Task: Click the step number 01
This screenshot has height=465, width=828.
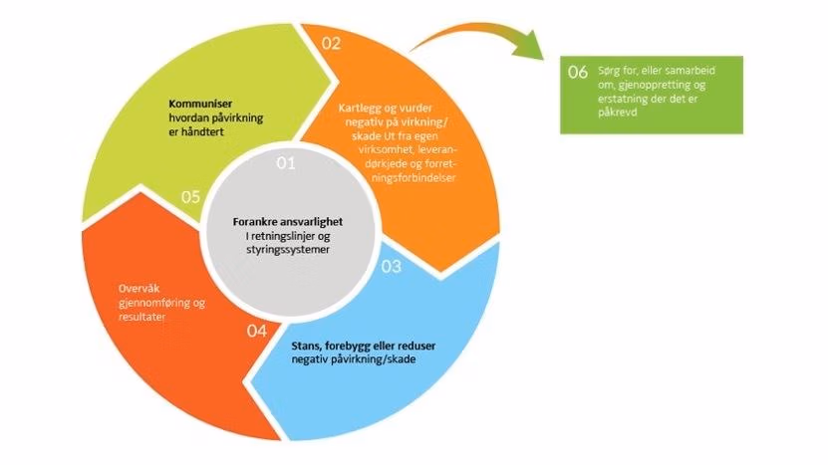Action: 287,163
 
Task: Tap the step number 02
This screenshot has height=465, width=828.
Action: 331,43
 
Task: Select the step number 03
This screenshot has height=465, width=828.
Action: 391,266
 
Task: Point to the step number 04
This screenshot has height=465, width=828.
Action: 257,330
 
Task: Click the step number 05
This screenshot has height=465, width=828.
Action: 192,196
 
